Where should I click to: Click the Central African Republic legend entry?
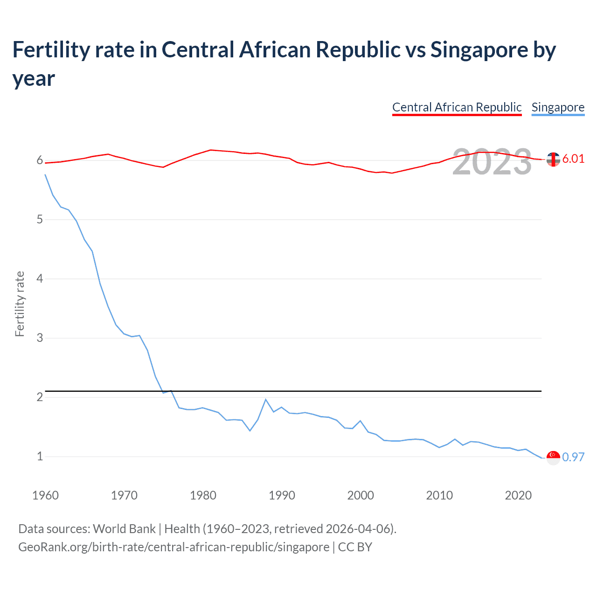(457, 107)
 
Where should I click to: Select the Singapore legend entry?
(558, 107)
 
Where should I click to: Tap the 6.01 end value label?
(573, 159)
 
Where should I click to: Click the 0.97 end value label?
(573, 457)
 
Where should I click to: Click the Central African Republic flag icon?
(553, 160)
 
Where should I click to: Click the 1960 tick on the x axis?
(45, 495)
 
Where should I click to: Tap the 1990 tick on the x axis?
(282, 495)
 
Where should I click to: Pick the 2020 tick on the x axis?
(518, 495)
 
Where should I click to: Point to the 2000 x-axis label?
(361, 495)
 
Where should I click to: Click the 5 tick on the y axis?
(40, 220)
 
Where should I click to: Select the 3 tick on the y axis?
(40, 338)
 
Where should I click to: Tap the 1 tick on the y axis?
(40, 456)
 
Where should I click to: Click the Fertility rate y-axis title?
(20, 304)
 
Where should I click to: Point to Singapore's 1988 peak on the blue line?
(265, 400)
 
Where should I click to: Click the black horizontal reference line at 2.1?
(326, 391)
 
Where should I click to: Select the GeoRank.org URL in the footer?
(174, 547)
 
